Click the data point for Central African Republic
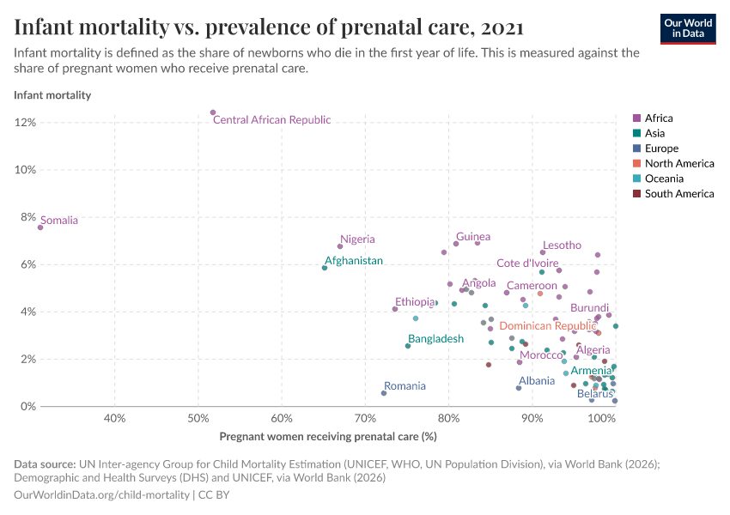[213, 112]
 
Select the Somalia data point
[40, 227]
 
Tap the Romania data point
[384, 393]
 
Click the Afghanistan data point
[325, 268]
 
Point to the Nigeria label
[357, 239]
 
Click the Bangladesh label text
[435, 339]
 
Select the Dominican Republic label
[547, 326]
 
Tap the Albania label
[537, 380]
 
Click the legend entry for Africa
[659, 118]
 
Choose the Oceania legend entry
[664, 179]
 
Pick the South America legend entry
[678, 194]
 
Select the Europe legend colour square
[636, 148]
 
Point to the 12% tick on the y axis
[25, 123]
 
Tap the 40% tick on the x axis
[114, 419]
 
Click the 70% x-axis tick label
[365, 419]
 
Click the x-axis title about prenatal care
[328, 436]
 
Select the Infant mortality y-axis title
[52, 95]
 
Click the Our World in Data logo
[687, 28]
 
